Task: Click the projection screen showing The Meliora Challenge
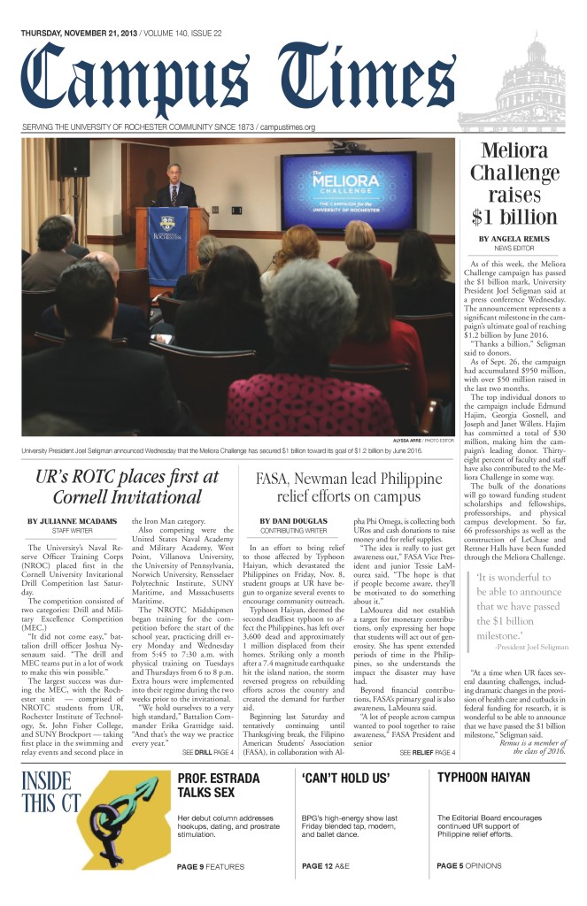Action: (348, 193)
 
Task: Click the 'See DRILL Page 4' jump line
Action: (207, 751)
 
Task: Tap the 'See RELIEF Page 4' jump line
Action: (427, 751)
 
